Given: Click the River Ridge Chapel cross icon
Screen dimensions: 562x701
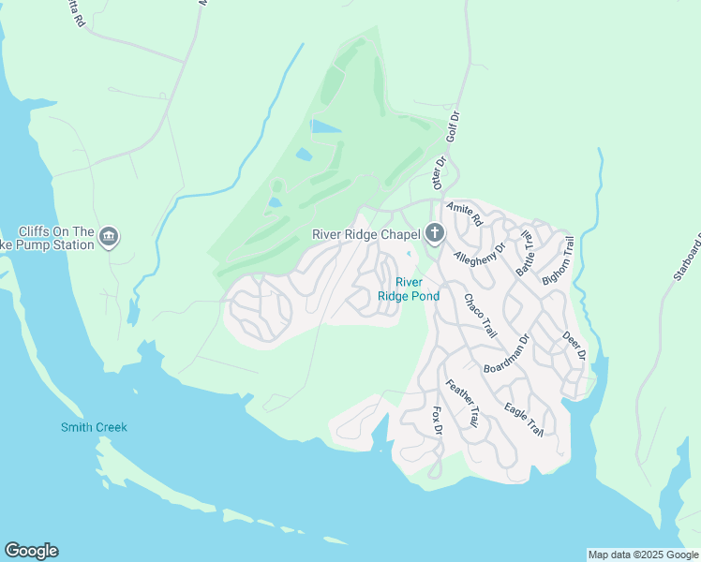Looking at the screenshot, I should (x=434, y=233).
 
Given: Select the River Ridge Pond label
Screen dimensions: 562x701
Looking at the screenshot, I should (x=409, y=288).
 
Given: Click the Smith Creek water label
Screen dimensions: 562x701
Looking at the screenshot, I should (x=94, y=428).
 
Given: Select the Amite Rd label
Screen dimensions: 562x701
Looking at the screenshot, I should (x=464, y=213).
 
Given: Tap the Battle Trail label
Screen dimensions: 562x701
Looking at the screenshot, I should (x=524, y=253).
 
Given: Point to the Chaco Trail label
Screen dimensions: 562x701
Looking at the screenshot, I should (x=479, y=317).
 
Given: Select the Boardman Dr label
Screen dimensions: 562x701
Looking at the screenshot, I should (x=507, y=354).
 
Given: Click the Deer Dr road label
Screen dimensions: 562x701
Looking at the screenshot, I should (x=573, y=344).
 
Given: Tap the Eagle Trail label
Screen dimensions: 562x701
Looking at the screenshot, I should (x=523, y=418).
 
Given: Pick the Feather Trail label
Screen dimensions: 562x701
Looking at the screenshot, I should (x=461, y=404).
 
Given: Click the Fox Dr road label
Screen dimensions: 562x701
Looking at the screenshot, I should (x=436, y=421).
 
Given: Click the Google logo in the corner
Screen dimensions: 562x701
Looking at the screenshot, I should (x=31, y=551).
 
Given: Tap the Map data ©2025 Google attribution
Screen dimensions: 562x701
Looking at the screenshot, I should (x=643, y=555).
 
